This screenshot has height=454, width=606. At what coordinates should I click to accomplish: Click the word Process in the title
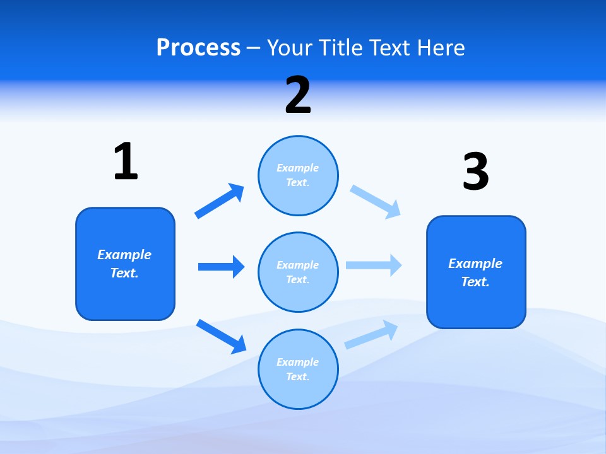point(198,48)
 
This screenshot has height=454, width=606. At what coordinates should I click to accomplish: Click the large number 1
point(125,161)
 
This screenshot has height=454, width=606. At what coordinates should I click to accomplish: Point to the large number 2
point(298,96)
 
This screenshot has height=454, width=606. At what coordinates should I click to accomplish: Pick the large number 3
point(475,172)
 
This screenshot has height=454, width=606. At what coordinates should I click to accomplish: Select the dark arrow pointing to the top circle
point(219,201)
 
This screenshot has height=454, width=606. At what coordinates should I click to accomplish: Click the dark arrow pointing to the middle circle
point(221,267)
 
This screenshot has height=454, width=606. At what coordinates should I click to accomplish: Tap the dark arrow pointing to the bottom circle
point(221,336)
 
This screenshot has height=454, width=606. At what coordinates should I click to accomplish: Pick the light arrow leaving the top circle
point(376,201)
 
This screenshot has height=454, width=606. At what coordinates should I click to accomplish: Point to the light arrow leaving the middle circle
point(374,265)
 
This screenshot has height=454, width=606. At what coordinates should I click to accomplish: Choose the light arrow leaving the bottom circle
point(371,335)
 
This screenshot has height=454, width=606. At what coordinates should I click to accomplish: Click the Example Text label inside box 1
point(124,264)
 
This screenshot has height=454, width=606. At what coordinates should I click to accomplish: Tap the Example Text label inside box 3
point(475,272)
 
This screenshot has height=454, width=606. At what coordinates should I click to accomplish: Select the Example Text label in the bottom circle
point(298,370)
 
